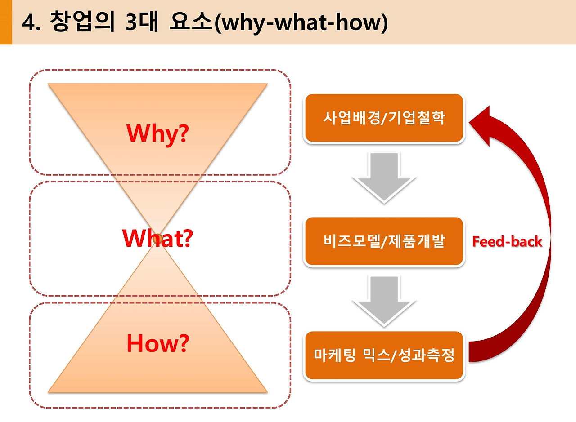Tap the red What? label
point(157,239)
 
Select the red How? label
point(157,344)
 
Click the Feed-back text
point(507,242)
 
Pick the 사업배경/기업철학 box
point(384,118)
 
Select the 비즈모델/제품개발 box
point(384,241)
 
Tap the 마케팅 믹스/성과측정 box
point(384,355)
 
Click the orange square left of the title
point(5,22)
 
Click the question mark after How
point(181,344)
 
